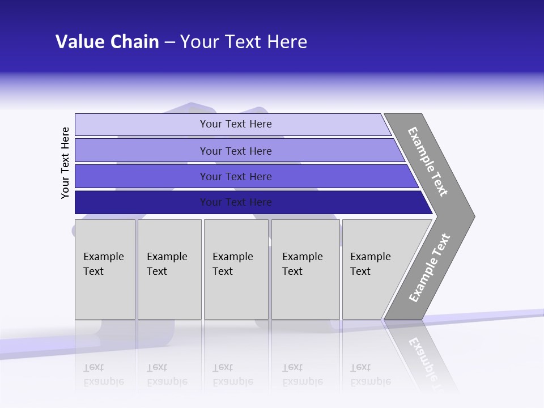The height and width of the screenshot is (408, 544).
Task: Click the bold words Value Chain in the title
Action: tap(107, 42)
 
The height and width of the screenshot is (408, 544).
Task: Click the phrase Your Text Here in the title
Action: tap(244, 42)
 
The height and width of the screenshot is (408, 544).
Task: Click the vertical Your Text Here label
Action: tap(65, 163)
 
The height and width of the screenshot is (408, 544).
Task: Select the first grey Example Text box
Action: tap(105, 269)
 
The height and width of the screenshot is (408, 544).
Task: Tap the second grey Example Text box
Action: tap(169, 269)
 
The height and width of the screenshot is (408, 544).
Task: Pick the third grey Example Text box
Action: tap(236, 269)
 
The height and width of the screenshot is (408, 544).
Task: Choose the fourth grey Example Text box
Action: tap(305, 269)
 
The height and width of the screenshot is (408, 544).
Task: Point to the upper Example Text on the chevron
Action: tap(428, 161)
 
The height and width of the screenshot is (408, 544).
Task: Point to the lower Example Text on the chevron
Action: tap(430, 268)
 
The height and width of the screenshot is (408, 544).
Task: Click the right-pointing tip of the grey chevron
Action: tap(470, 216)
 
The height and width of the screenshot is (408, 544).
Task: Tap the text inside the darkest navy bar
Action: tap(236, 202)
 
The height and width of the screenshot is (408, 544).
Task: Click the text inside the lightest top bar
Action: tap(236, 124)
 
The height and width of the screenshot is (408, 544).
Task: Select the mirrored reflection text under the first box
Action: tap(103, 375)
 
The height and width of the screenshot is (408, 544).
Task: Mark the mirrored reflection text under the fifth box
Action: tap(370, 375)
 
